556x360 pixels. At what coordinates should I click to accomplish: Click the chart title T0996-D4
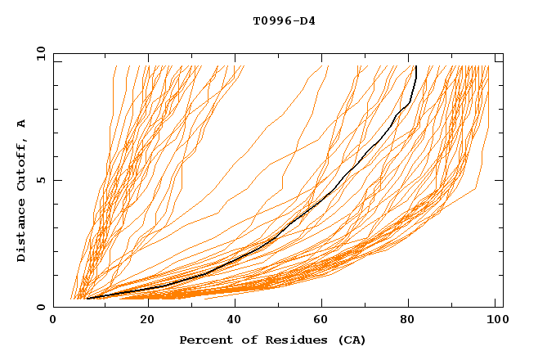click(284, 20)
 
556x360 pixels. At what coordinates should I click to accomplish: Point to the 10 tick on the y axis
click(38, 52)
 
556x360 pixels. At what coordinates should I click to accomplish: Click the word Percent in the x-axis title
click(204, 340)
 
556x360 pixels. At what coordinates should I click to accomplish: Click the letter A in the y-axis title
click(22, 124)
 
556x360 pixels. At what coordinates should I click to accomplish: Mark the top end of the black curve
click(416, 66)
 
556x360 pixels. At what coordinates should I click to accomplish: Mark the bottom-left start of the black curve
click(87, 299)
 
